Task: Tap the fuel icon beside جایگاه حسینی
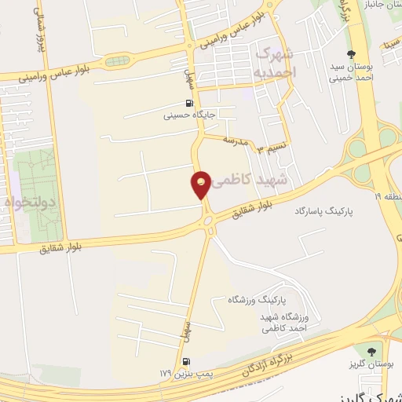click(x=188, y=103)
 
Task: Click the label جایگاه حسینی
click(x=189, y=115)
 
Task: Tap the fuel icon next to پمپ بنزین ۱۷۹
click(x=185, y=361)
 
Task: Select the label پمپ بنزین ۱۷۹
click(x=176, y=372)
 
